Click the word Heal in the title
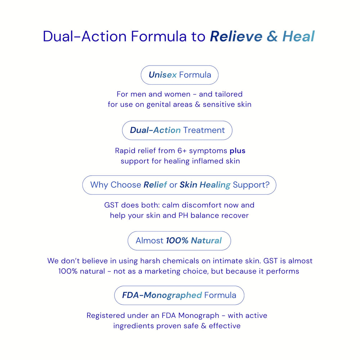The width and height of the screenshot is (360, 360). [298, 36]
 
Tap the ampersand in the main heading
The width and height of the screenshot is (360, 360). [272, 36]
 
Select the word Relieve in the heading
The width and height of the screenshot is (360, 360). [236, 36]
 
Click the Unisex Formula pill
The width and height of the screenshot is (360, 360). [180, 75]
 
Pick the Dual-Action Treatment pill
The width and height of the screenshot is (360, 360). [177, 130]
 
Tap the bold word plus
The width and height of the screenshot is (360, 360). [237, 151]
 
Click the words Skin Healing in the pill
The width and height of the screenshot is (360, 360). [205, 185]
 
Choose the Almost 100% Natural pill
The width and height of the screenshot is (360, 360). [179, 240]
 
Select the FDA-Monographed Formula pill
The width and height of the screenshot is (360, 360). [179, 295]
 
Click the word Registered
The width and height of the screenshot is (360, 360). [105, 316]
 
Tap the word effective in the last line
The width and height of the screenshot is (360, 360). [225, 326]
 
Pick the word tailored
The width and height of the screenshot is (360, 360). [229, 94]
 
